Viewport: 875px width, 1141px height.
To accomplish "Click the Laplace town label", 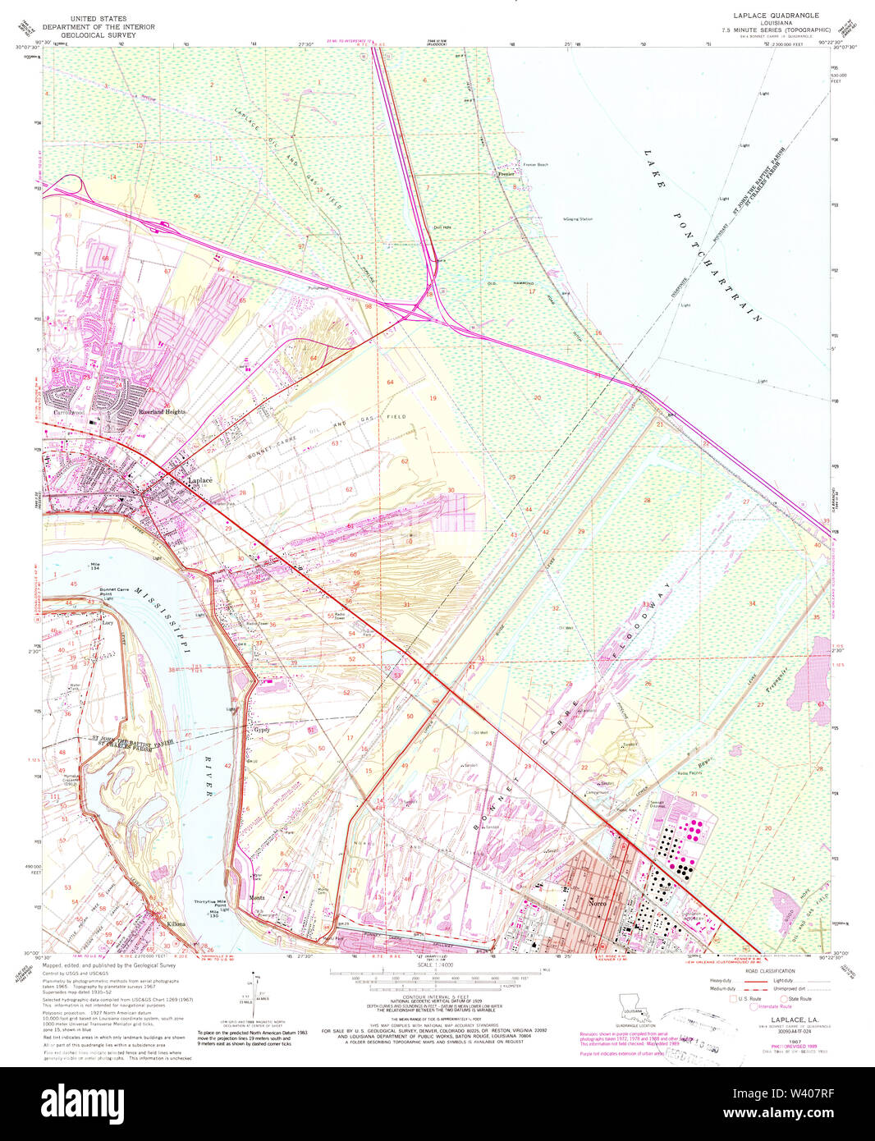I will pyautogui.click(x=200, y=480).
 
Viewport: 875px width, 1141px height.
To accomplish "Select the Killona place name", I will pyautogui.click(x=176, y=924).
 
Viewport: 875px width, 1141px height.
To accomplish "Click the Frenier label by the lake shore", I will pyautogui.click(x=506, y=174).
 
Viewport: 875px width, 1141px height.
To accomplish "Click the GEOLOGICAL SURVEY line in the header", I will pyautogui.click(x=112, y=35).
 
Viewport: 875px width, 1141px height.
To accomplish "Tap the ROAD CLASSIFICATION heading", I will pyautogui.click(x=764, y=969).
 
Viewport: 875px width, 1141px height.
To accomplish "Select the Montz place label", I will pyautogui.click(x=257, y=899).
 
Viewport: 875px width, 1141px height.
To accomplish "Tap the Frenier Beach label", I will pyautogui.click(x=536, y=165).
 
